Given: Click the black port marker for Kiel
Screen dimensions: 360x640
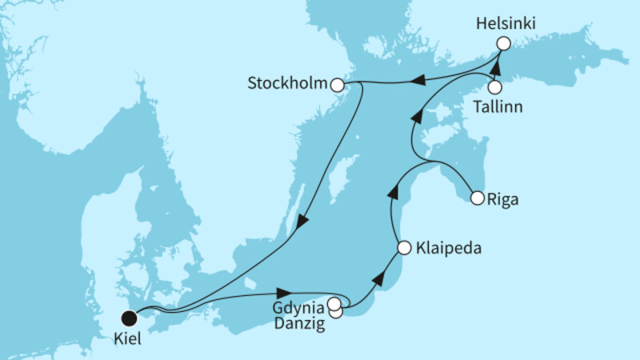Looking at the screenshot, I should pos(128,316).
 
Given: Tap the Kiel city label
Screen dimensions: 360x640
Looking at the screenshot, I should pos(128,338).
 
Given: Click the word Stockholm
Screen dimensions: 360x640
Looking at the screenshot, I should pos(289,84).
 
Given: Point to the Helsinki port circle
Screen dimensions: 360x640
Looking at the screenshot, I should pos(503,44).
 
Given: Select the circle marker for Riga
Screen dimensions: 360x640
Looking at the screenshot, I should pos(478,198).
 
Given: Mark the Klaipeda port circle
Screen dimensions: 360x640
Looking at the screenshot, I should pos(404,247).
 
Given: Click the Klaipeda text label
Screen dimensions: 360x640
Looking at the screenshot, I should pos(449,248).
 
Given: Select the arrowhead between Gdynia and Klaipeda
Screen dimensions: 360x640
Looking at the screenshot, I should pos(379,280).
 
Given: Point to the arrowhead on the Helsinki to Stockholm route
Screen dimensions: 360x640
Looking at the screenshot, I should pos(416,78).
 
